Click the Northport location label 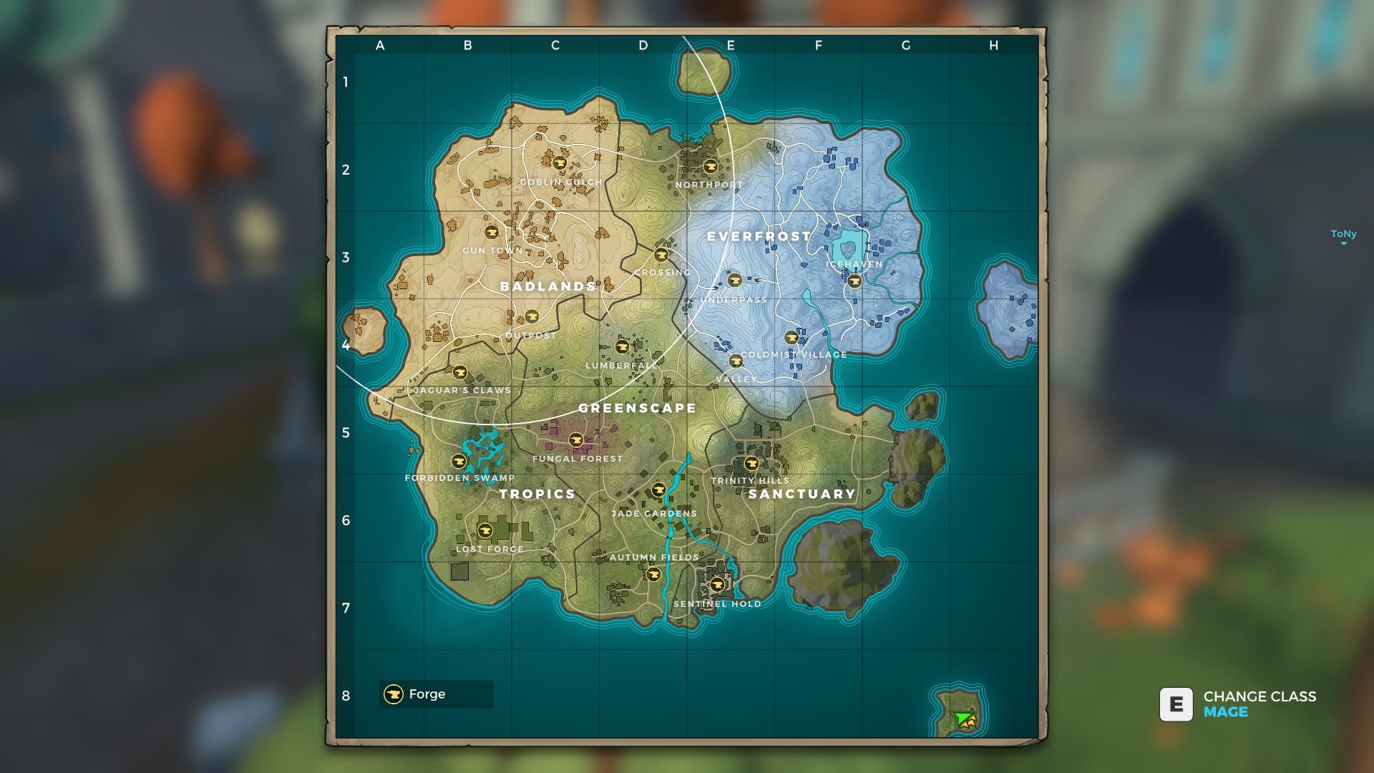(708, 185)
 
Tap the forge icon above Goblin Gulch (560, 163)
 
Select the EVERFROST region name (759, 236)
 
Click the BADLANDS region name (547, 286)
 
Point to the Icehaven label (854, 264)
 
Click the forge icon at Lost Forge (484, 530)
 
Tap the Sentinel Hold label (717, 604)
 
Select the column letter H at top (993, 46)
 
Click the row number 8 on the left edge (346, 696)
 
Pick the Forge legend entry (427, 694)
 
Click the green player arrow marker (963, 718)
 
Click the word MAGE (1225, 712)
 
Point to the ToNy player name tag (1343, 234)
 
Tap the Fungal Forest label (578, 459)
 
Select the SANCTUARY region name (801, 494)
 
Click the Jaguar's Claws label (462, 391)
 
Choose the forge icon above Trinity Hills (751, 463)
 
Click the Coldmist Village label (794, 354)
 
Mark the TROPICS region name (537, 494)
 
